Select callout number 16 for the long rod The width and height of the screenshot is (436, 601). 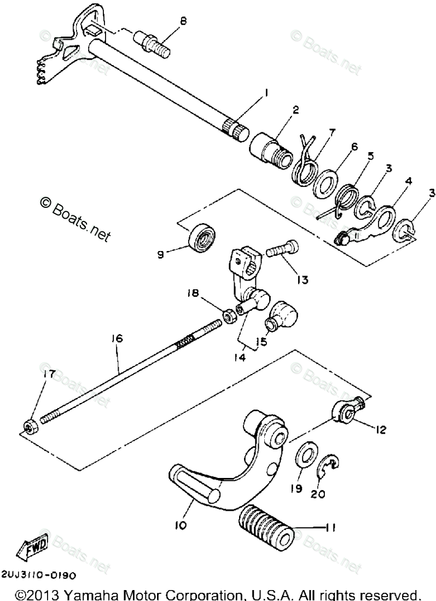[x=117, y=340]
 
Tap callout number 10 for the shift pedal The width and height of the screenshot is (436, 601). [x=181, y=526]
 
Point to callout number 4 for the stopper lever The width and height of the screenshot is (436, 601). [x=408, y=180]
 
